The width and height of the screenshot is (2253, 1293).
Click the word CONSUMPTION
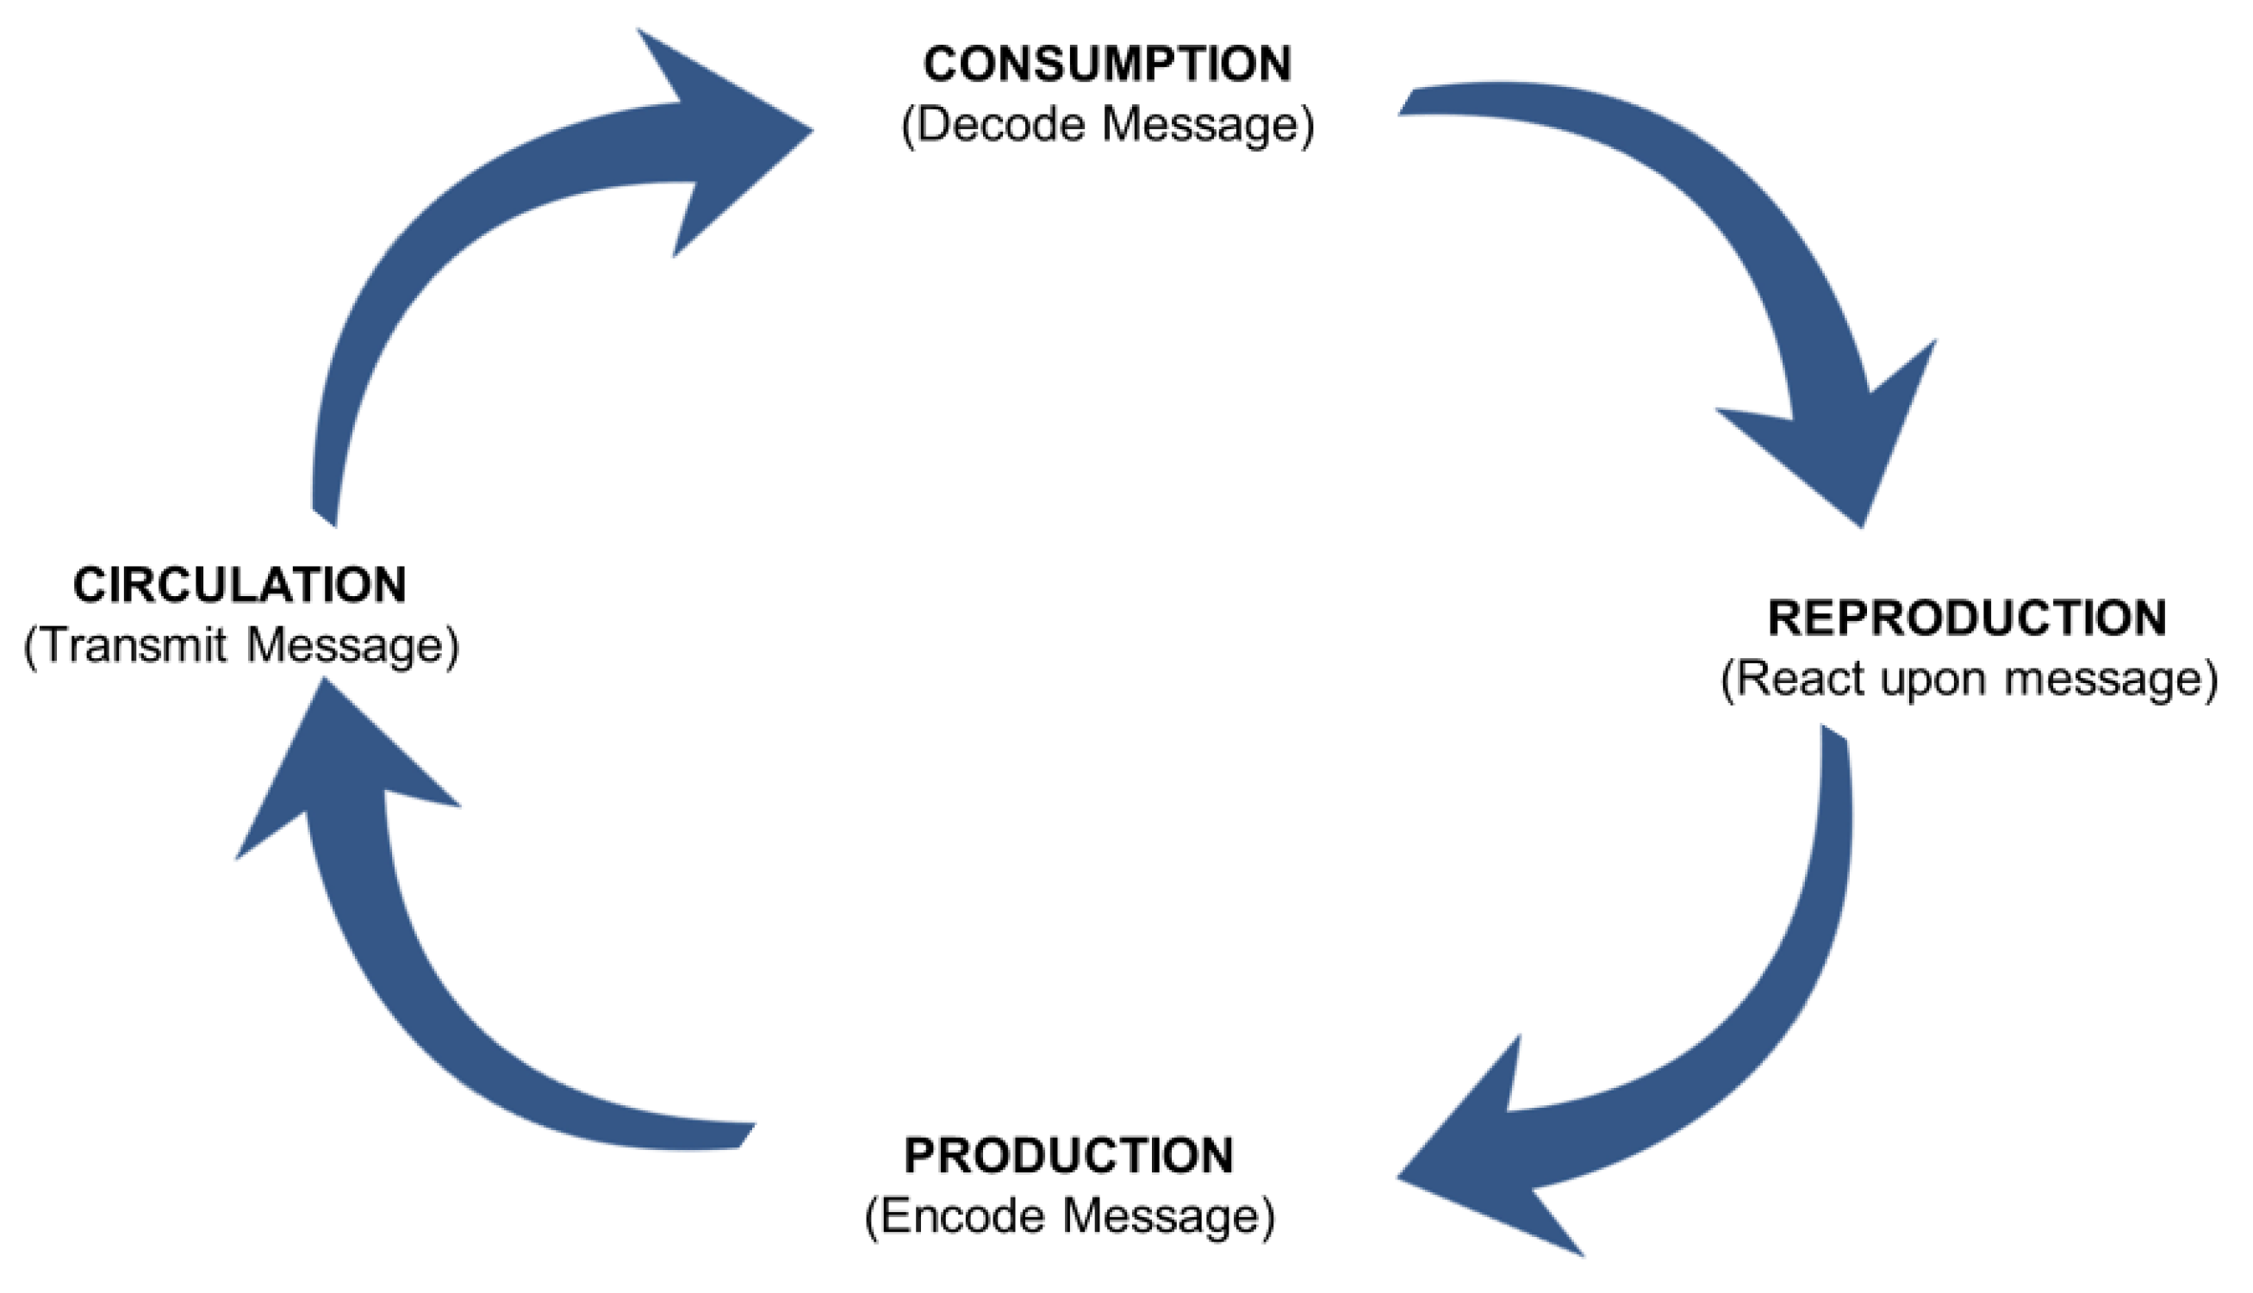tap(1106, 64)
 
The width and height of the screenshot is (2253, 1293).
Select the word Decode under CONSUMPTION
tap(1000, 123)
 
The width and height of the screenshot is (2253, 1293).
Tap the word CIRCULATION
tap(240, 585)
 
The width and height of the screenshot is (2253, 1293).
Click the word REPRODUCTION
tap(1966, 619)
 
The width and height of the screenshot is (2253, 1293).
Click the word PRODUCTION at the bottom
tap(1068, 1155)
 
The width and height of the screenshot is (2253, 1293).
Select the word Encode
tap(962, 1215)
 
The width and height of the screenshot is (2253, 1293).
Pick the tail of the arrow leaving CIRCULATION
tap(325, 507)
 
